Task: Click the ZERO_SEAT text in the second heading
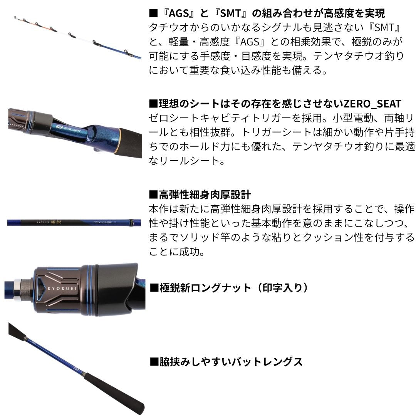[x=372, y=104]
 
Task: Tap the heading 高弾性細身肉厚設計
[x=200, y=195]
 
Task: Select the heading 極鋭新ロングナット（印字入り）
[x=229, y=288]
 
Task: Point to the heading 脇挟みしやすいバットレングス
[x=226, y=362]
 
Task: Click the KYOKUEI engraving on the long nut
[x=62, y=289]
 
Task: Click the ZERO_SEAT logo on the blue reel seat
[x=69, y=129]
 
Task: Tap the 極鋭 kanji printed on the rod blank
[x=56, y=222]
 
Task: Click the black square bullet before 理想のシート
[x=153, y=104]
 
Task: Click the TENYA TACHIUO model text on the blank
[x=104, y=222]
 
